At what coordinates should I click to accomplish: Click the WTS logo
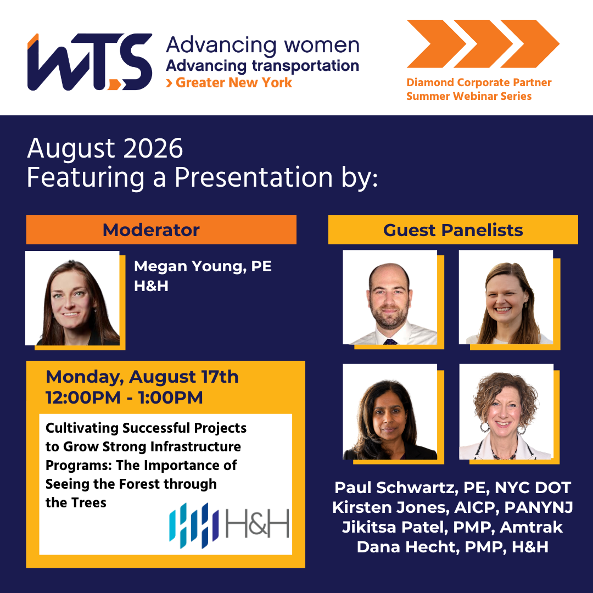coord(89,62)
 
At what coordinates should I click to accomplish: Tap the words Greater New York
coord(234,82)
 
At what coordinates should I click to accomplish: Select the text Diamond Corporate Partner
coord(479,82)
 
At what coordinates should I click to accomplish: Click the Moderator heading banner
coord(161,230)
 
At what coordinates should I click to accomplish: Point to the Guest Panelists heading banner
coord(453,230)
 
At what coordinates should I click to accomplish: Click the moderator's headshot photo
coord(72,298)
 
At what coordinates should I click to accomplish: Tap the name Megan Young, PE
coord(203,266)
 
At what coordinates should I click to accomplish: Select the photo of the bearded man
coord(390,297)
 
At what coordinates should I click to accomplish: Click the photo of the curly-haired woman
coord(506,411)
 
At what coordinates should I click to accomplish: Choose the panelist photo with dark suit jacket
coord(390,411)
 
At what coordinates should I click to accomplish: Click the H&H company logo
coord(229,525)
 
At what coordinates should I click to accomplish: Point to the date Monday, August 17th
coord(142,377)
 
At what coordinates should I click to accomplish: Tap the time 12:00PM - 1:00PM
coord(124,398)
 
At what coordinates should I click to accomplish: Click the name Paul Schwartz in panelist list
coord(394,488)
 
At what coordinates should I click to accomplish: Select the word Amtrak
coord(532,527)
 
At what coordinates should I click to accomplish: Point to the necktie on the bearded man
coord(390,342)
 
